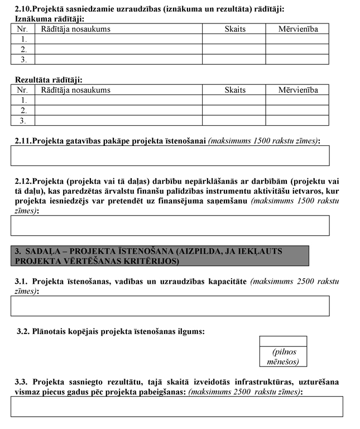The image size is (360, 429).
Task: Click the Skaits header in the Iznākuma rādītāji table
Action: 235,28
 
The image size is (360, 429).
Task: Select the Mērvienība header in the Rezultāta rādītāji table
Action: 298,90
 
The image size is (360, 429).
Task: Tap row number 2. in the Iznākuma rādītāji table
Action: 23,49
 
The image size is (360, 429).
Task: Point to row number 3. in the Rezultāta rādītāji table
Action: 23,120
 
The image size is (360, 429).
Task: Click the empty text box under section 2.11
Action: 170,155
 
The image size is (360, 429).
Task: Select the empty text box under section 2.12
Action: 170,225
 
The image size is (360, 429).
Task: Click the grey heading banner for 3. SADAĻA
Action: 160,255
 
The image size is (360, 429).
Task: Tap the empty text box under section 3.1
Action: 170,306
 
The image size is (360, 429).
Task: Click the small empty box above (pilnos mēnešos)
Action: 284,341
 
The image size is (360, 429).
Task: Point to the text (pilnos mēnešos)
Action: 284,356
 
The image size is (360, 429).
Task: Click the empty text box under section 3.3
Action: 176,406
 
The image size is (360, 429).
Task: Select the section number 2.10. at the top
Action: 23,9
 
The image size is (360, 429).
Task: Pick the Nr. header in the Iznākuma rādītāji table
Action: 22,28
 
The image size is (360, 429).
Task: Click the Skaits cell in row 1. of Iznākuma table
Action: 234,39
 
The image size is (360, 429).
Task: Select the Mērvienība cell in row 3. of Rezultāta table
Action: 297,120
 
